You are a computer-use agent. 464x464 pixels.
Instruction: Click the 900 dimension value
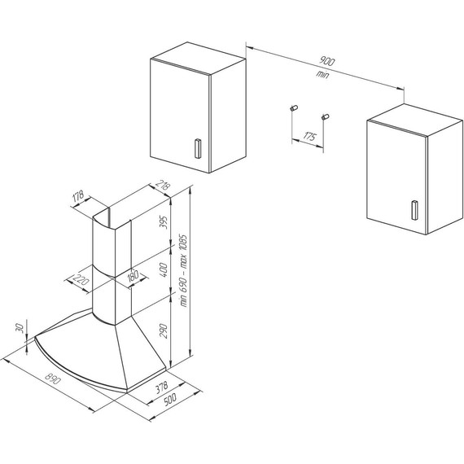click(x=326, y=61)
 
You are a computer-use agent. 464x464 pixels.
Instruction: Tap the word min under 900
click(x=322, y=74)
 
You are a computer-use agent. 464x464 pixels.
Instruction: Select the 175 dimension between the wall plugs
click(x=309, y=136)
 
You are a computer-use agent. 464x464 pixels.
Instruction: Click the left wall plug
click(x=294, y=108)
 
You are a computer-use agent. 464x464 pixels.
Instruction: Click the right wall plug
click(x=326, y=116)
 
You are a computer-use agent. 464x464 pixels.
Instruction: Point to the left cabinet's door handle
click(x=197, y=148)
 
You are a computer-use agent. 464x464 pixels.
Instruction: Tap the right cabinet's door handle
click(x=414, y=210)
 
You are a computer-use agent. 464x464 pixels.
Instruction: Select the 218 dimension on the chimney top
click(x=163, y=185)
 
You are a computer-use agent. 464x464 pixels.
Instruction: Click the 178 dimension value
click(x=78, y=196)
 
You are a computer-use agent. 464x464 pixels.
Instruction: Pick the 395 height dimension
click(x=164, y=222)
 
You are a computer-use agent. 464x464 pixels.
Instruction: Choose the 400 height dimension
click(x=164, y=269)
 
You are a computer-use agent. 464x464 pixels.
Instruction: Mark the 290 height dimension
click(x=164, y=330)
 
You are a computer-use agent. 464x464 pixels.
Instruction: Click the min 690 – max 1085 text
click(x=183, y=270)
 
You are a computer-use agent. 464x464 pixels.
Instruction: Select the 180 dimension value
click(x=133, y=275)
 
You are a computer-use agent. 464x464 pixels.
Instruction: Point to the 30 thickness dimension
click(x=20, y=328)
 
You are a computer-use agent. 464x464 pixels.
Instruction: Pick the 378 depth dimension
click(x=161, y=387)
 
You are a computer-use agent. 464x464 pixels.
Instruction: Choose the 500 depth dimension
click(x=169, y=399)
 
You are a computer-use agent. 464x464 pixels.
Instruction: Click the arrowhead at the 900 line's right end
click(x=401, y=88)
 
